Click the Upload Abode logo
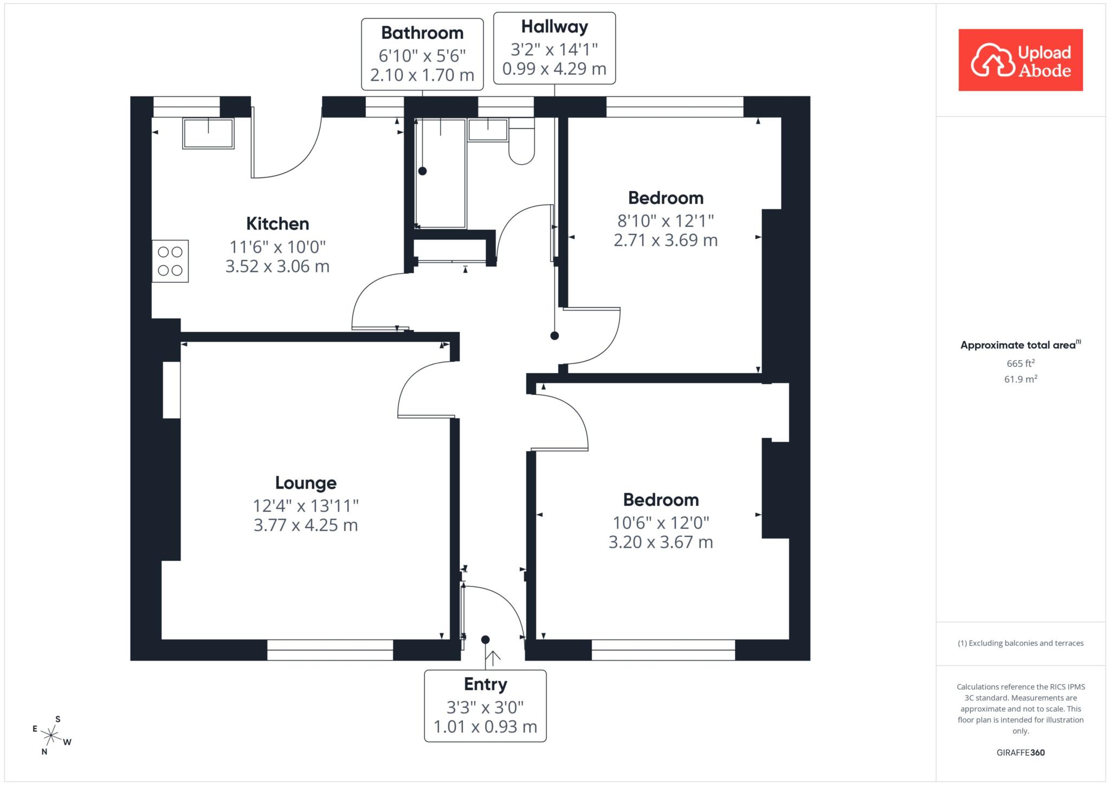click(x=1021, y=60)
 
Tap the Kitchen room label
click(x=277, y=223)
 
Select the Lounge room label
click(x=306, y=483)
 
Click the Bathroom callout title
click(x=422, y=33)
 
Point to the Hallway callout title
click(x=554, y=27)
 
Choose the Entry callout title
click(x=485, y=684)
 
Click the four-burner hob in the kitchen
click(x=170, y=261)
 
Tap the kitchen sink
click(x=209, y=133)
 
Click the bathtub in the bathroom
click(x=440, y=173)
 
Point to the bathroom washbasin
click(x=488, y=130)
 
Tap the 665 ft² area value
click(x=1021, y=363)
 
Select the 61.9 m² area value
click(x=1021, y=379)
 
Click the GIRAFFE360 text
click(x=1021, y=752)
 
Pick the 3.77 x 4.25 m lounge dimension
click(x=306, y=525)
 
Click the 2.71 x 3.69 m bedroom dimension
click(x=666, y=240)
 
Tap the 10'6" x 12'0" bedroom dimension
click(x=661, y=523)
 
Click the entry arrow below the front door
click(x=493, y=658)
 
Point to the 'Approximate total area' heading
click(x=1021, y=345)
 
